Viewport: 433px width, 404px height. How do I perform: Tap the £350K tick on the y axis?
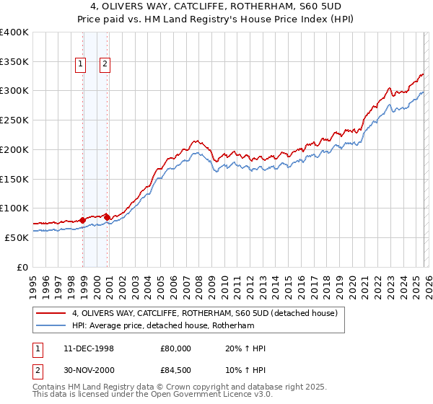click(x=14, y=62)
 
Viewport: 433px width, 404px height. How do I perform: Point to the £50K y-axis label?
click(x=17, y=237)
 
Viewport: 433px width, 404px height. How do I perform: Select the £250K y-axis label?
click(x=14, y=120)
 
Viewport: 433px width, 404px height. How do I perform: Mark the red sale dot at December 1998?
click(x=82, y=219)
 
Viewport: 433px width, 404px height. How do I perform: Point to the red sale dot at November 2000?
click(x=108, y=216)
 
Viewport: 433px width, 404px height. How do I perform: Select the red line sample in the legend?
click(x=51, y=313)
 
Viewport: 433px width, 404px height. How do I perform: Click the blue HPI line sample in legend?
click(x=51, y=325)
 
